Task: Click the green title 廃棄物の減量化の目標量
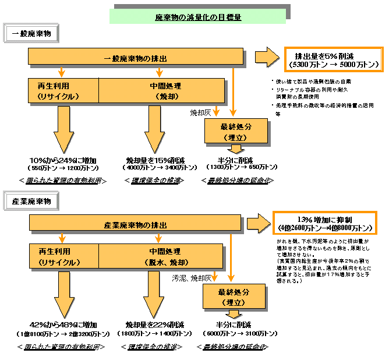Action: [x=197, y=17]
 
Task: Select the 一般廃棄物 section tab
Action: [x=31, y=34]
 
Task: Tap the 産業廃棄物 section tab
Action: [x=31, y=202]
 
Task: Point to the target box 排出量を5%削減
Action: [x=333, y=59]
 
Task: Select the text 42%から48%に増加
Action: [x=63, y=324]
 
